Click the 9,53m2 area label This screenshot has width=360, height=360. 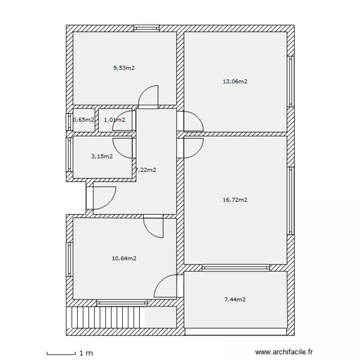124,68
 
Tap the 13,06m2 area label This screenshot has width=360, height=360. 235,82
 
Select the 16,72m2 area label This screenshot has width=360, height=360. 235,200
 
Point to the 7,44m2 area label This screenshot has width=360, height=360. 235,300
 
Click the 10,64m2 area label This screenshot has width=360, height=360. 124,258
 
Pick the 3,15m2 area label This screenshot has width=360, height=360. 102,156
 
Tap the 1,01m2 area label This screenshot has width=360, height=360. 114,120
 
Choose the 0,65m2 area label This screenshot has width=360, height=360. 84,120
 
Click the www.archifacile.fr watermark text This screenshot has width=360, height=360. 285,353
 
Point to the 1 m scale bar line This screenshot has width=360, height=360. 61,353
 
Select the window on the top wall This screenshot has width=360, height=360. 147,28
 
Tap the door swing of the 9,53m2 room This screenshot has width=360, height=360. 148,96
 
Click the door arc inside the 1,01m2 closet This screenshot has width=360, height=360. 120,124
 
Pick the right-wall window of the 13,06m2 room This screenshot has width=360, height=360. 290,81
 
